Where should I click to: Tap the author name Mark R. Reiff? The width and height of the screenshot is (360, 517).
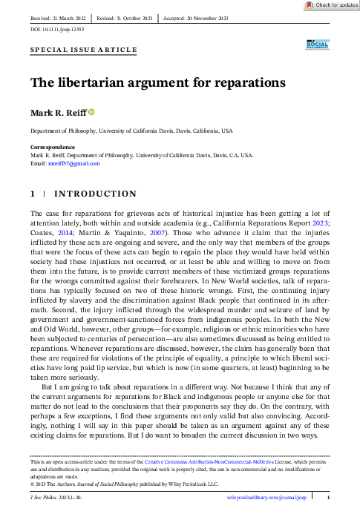(x=56, y=113)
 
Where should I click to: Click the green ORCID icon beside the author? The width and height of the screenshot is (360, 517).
(x=92, y=113)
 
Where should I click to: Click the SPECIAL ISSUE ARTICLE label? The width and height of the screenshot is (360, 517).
(x=83, y=50)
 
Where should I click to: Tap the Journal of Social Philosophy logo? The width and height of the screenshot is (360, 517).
(x=317, y=47)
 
